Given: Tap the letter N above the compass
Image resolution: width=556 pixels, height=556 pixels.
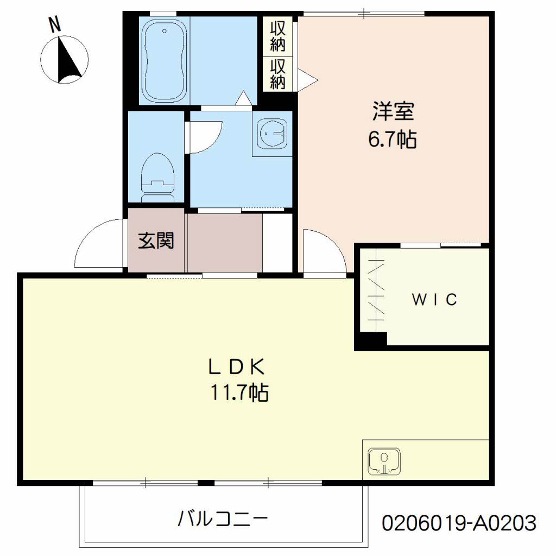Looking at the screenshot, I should pyautogui.click(x=54, y=24).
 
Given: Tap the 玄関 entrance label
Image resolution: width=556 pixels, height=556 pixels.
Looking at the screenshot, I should pyautogui.click(x=156, y=241).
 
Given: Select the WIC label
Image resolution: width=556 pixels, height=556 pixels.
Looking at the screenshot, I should pyautogui.click(x=434, y=299).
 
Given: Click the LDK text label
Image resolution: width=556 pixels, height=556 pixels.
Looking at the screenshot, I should pyautogui.click(x=237, y=368).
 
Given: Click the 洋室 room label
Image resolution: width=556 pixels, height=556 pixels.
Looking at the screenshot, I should pyautogui.click(x=393, y=112).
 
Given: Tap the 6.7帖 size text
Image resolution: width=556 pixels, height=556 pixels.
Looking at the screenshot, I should pyautogui.click(x=393, y=140).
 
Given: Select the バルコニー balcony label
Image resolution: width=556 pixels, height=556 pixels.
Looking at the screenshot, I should pyautogui.click(x=223, y=519).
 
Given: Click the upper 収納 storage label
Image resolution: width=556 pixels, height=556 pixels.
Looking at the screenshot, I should pyautogui.click(x=277, y=36).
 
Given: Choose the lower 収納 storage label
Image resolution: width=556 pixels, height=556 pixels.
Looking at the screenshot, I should pyautogui.click(x=277, y=74).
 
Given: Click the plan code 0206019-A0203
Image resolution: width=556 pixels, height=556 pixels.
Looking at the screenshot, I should pyautogui.click(x=459, y=523).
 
